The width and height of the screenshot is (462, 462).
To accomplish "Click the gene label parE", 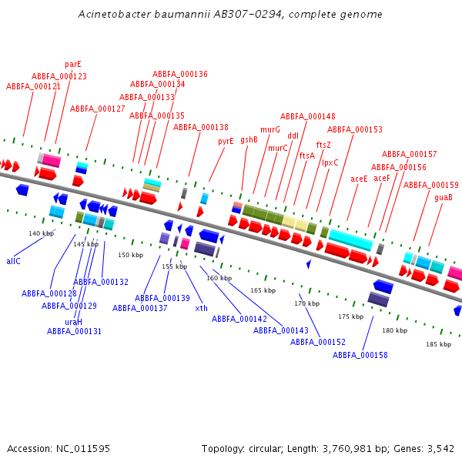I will click(x=73, y=65).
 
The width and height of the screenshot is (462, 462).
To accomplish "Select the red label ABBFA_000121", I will click(x=34, y=87).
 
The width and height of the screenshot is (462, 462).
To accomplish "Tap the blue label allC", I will click(x=13, y=261).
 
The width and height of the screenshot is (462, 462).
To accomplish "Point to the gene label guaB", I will click(x=444, y=198).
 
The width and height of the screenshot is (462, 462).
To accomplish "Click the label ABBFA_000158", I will click(x=360, y=355).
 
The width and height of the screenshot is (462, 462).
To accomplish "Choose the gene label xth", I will click(x=202, y=308).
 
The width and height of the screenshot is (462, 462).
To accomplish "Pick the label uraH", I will click(x=73, y=322).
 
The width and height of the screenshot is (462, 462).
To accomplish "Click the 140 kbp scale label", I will click(x=42, y=233).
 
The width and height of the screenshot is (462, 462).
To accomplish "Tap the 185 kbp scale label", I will click(x=438, y=344).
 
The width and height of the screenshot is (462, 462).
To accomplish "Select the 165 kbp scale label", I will click(x=263, y=290).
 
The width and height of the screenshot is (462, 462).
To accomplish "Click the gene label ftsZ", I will click(x=323, y=145).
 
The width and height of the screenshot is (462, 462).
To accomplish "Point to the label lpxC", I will click(x=330, y=162).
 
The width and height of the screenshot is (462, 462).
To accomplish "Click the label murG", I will click(x=270, y=129).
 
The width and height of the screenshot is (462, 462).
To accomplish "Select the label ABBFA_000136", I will click(x=180, y=74).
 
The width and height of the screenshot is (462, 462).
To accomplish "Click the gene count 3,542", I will click(x=440, y=448).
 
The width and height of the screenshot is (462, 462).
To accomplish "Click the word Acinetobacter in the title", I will click(x=118, y=15).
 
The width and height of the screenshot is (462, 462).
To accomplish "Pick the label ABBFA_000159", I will click(x=431, y=185).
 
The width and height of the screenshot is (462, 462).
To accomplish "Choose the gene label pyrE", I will click(x=226, y=141).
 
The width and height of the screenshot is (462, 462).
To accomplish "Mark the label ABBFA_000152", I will click(x=318, y=342).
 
